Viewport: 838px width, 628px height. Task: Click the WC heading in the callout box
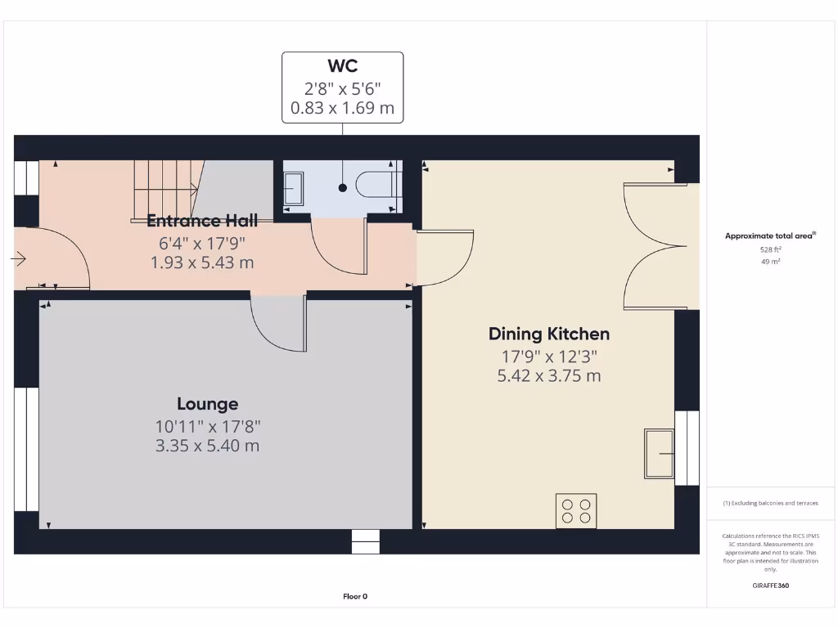coord(342,66)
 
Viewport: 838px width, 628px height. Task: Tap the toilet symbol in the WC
coord(377,186)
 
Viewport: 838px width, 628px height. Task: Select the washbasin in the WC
coord(293,189)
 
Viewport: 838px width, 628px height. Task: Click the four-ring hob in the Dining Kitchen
coord(576,510)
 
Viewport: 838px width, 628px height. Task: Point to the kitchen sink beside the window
coord(659,453)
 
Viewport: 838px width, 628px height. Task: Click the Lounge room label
coord(208,404)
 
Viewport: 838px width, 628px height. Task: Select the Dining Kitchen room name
coord(548,334)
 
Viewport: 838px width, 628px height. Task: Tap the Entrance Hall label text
coord(202,221)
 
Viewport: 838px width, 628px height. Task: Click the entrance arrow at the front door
coord(19,259)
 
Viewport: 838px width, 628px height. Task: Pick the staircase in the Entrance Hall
coord(167,189)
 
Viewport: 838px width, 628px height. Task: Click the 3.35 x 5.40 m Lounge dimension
coord(208,446)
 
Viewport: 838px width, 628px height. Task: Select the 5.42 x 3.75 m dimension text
coord(548,376)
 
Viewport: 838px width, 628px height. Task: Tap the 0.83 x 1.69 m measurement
coord(342,107)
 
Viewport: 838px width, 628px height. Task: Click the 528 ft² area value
coord(770,250)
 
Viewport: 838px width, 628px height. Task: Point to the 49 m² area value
coord(770,262)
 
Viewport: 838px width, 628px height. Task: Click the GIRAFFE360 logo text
coord(770,585)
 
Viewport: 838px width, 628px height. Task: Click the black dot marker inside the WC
coord(342,188)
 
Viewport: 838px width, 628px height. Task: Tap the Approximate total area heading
coord(769,235)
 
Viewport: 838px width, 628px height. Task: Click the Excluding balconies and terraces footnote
coord(770,504)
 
